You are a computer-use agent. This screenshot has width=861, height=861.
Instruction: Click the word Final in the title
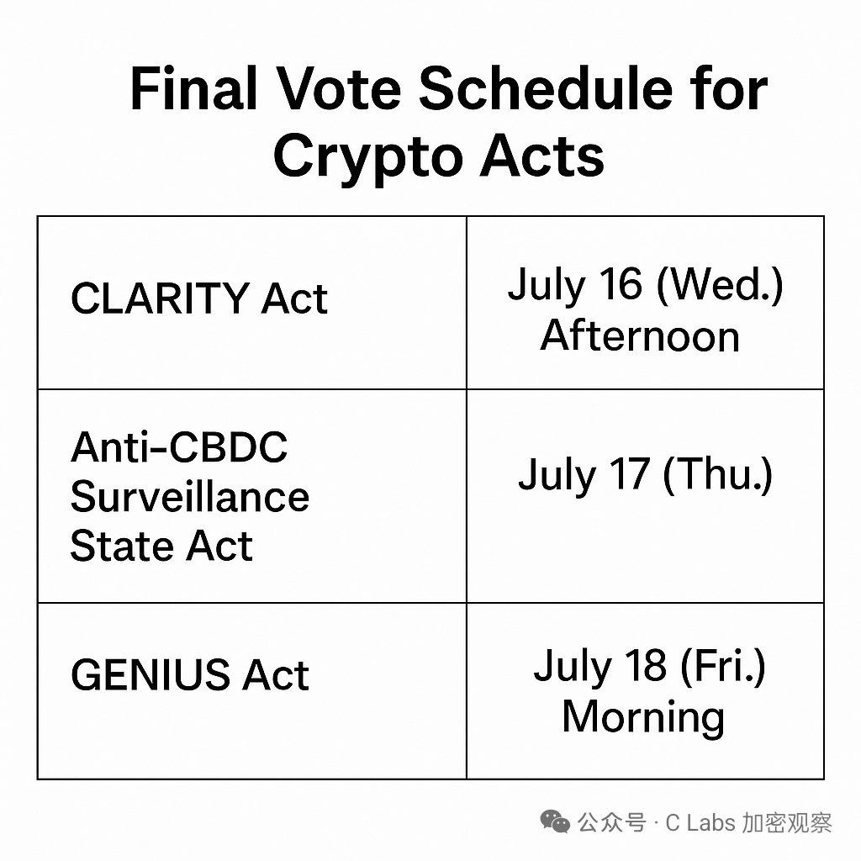tap(194, 87)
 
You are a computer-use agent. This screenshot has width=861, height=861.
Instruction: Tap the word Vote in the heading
tap(338, 87)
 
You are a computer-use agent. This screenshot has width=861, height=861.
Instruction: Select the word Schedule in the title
tap(547, 87)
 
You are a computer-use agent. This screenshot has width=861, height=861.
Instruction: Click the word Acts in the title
tap(542, 156)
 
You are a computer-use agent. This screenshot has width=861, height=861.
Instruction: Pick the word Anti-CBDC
tap(179, 447)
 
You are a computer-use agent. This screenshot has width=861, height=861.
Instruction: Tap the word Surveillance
tap(190, 496)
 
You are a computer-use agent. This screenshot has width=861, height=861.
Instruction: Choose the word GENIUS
tap(151, 674)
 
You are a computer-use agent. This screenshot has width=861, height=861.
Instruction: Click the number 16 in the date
tap(621, 283)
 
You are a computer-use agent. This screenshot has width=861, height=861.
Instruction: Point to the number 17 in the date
tap(630, 473)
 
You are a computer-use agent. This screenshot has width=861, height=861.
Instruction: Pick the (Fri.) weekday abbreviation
tap(722, 666)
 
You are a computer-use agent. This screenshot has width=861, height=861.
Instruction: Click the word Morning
tap(643, 718)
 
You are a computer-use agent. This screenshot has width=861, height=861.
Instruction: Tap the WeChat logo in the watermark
tap(555, 821)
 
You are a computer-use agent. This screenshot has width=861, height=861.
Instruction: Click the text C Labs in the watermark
tap(700, 822)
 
